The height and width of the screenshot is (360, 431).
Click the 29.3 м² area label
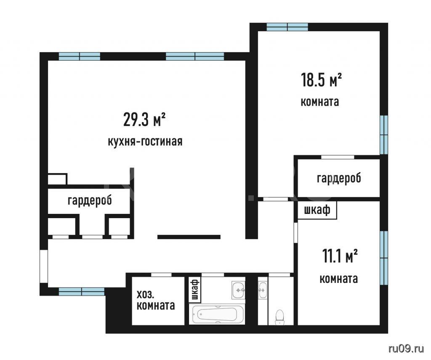tap(144, 119)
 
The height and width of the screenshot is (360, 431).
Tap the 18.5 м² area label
tap(321, 80)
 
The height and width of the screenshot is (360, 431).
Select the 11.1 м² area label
tap(340, 256)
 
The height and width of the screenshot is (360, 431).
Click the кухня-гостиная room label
tap(145, 141)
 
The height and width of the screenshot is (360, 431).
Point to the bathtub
tap(217, 314)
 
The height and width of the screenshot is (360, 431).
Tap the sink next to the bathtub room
tap(238, 290)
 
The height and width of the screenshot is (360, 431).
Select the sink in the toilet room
tap(263, 290)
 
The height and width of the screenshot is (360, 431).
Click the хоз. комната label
tap(156, 300)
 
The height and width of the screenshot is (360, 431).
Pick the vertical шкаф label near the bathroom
tap(195, 289)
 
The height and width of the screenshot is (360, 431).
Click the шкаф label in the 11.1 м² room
tap(317, 210)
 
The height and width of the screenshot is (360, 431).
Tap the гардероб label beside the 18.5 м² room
tap(339, 178)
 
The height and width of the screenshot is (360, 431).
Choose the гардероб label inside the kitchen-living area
tap(90, 200)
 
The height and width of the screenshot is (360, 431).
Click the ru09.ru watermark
tap(406, 349)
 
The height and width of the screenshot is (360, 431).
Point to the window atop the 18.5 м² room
tap(287, 27)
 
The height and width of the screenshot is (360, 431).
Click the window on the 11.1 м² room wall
tap(384, 258)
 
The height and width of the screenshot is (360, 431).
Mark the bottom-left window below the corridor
tap(82, 291)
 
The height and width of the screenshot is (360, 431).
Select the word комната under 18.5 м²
tap(320, 102)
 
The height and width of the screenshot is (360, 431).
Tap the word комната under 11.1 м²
tap(339, 279)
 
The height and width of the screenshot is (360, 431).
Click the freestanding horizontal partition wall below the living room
tap(189, 237)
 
